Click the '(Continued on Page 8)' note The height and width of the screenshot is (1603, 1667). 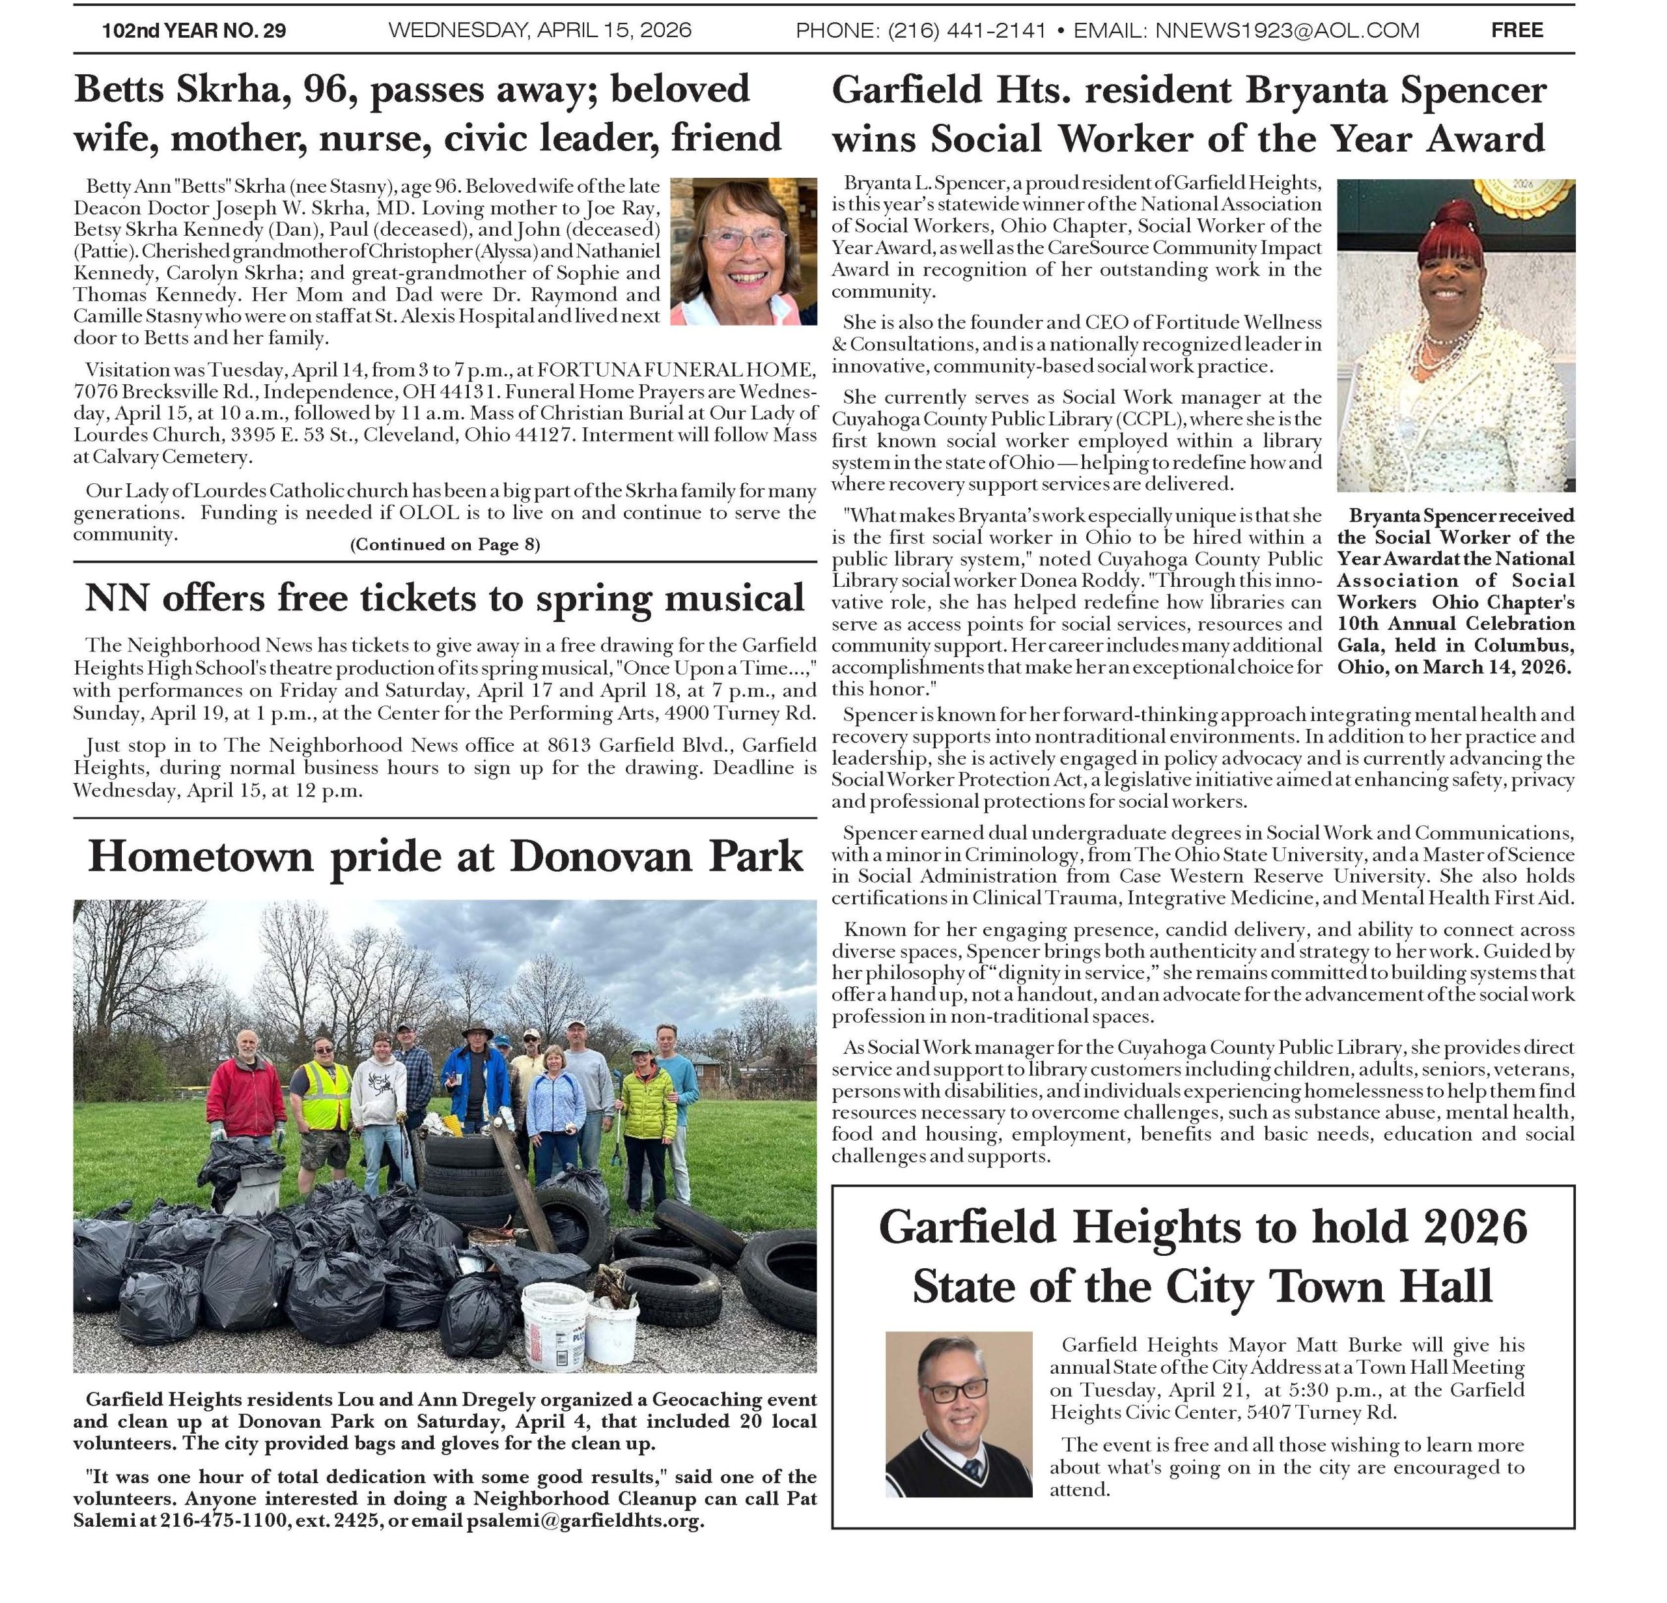[x=445, y=545]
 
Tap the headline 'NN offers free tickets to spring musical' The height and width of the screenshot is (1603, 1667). [x=445, y=598]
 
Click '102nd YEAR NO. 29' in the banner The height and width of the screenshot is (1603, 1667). [x=194, y=31]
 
